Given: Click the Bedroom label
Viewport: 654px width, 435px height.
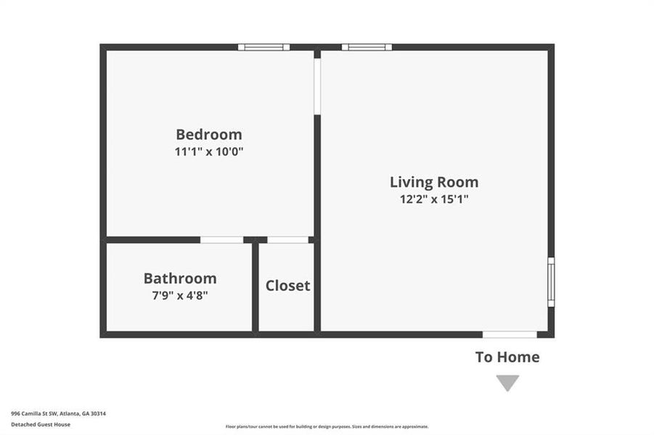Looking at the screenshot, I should (x=209, y=135).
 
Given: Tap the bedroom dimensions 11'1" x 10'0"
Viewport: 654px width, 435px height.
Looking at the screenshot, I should (x=209, y=152).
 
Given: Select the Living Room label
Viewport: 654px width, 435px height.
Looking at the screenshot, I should (x=434, y=182).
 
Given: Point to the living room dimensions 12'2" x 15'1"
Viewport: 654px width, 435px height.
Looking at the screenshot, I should (x=434, y=199).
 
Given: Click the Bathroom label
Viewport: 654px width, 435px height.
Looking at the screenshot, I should (x=180, y=278).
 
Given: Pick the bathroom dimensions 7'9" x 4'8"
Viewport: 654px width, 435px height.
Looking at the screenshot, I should (x=180, y=295).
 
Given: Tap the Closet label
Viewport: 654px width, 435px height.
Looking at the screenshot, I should (x=287, y=286).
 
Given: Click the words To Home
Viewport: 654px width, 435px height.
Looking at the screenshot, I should (x=507, y=357).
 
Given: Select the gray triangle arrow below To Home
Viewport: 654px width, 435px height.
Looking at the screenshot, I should (x=507, y=382).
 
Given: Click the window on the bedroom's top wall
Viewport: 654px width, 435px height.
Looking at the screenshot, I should (x=263, y=48).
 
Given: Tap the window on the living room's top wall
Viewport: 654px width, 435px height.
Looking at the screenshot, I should (x=367, y=48).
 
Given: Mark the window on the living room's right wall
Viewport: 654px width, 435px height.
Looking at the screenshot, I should (x=551, y=281).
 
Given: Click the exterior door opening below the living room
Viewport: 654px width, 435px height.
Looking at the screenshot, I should (x=510, y=334).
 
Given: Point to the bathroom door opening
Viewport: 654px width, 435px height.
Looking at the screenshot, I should (x=221, y=240).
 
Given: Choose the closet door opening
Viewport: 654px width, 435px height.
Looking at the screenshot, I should (x=287, y=240).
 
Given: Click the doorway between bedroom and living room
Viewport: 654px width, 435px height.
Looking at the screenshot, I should (x=317, y=86).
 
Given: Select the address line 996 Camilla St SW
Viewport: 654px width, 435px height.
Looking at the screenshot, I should (x=58, y=413).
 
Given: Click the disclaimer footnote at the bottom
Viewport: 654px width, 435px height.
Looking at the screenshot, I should (x=327, y=427).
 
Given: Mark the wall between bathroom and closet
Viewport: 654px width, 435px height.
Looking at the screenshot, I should (x=256, y=287).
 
